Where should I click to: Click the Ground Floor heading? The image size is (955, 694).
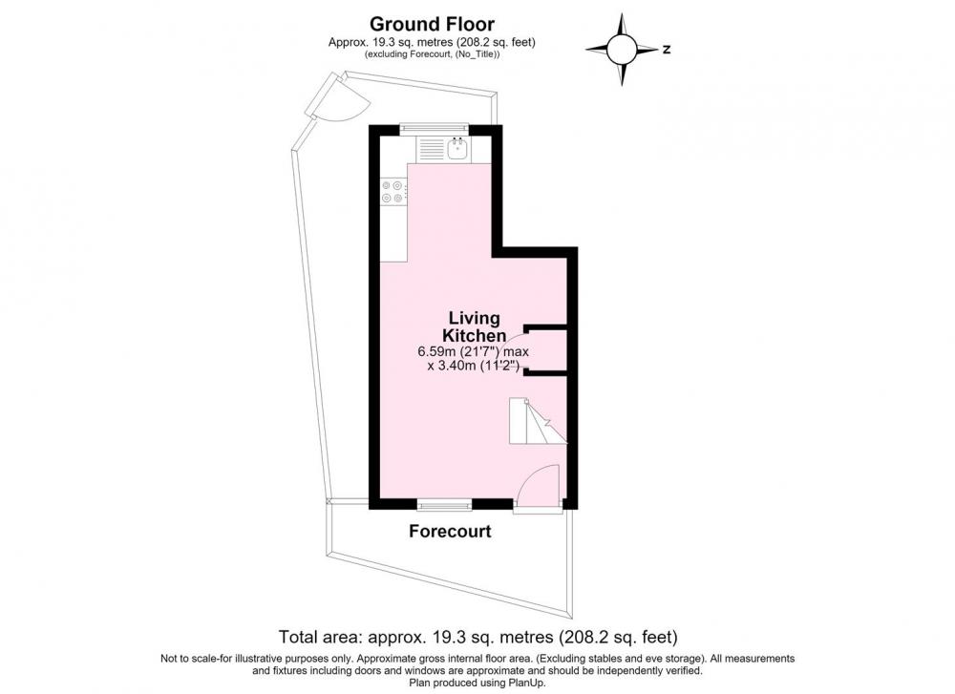tap(432, 24)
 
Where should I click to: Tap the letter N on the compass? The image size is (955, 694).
tap(667, 50)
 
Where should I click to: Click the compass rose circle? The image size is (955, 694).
tap(622, 50)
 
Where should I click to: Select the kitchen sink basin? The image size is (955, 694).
tap(456, 149)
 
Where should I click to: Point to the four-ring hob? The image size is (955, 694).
tap(393, 191)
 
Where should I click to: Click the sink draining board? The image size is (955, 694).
tap(432, 149)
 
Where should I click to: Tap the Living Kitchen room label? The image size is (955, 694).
tap(474, 326)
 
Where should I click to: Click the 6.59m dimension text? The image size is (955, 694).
tap(473, 351)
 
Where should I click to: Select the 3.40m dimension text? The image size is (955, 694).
tap(473, 366)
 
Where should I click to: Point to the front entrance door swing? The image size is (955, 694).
tap(537, 485)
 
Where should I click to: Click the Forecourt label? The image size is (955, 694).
tap(450, 532)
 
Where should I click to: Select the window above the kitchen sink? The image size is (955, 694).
tap(435, 128)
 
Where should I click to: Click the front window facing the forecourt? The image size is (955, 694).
tap(445, 505)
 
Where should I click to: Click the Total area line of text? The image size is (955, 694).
tap(478, 638)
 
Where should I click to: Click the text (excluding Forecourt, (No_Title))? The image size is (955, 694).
tap(432, 54)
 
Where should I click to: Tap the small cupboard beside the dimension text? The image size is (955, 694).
tap(547, 349)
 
